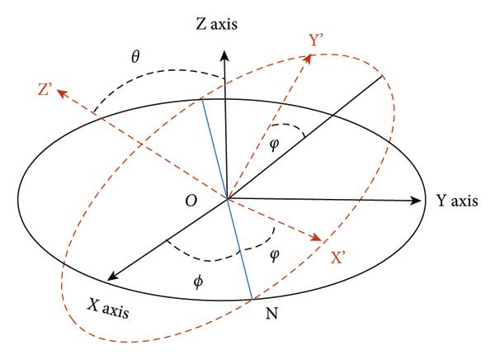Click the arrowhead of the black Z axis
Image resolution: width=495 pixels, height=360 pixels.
click(225, 51)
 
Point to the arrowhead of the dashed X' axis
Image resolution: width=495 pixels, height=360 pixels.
click(316, 240)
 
